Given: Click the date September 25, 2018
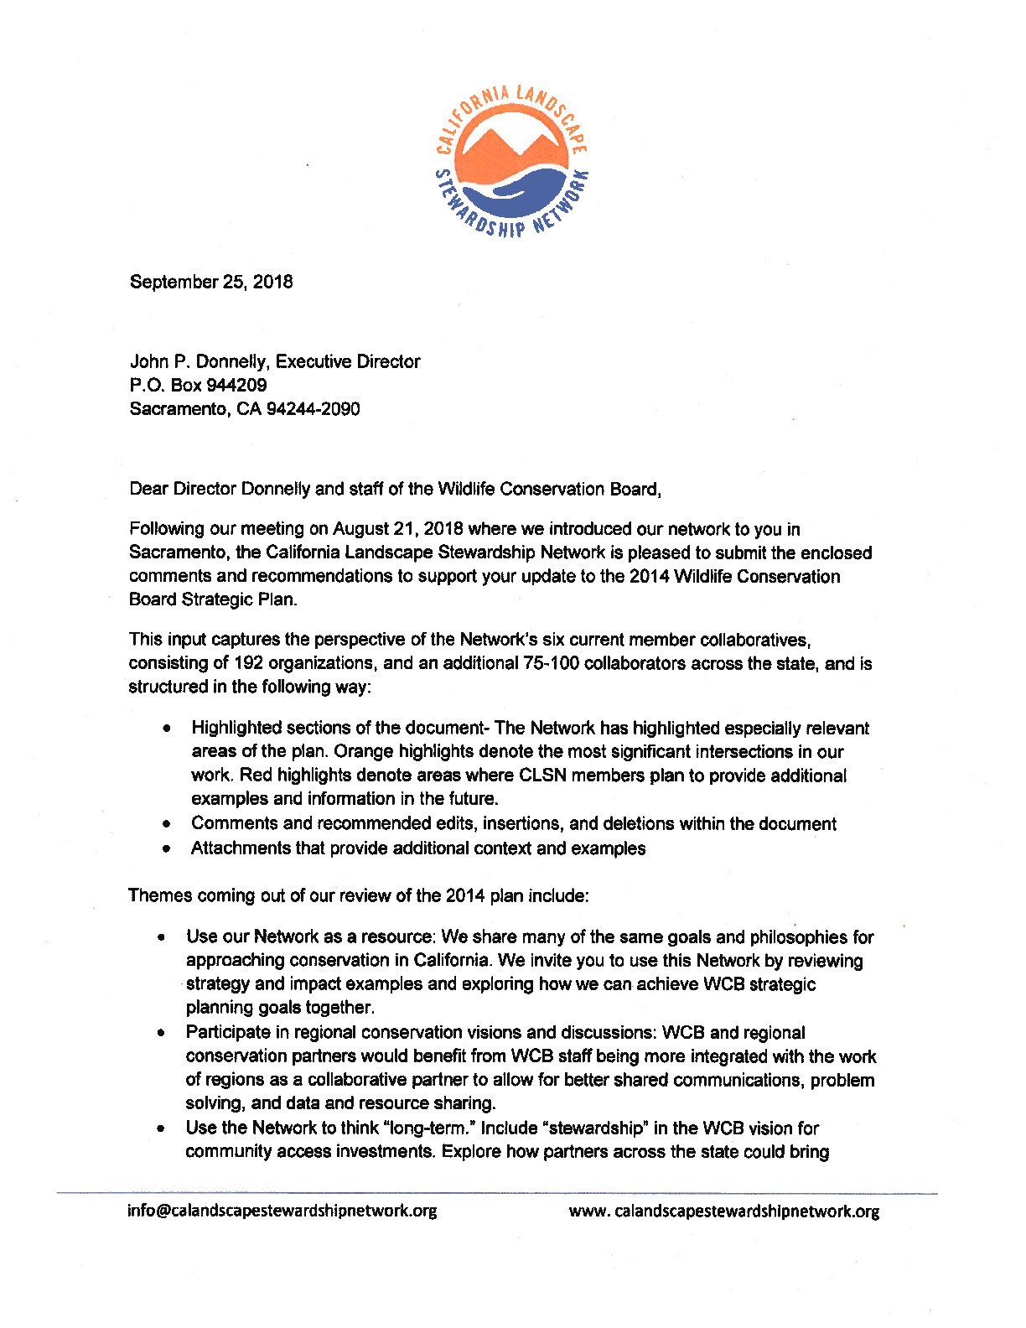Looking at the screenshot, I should tap(211, 282).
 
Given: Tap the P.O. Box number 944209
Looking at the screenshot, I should tap(237, 385).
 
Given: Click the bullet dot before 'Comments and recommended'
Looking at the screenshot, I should tap(168, 825).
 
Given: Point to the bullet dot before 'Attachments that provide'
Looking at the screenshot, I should tap(168, 848).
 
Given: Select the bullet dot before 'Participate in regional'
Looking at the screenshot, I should tap(159, 1033).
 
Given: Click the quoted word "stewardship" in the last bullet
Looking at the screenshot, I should tap(598, 1128).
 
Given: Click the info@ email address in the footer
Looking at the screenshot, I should tap(282, 1211).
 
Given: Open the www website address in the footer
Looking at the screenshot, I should tap(724, 1211).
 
